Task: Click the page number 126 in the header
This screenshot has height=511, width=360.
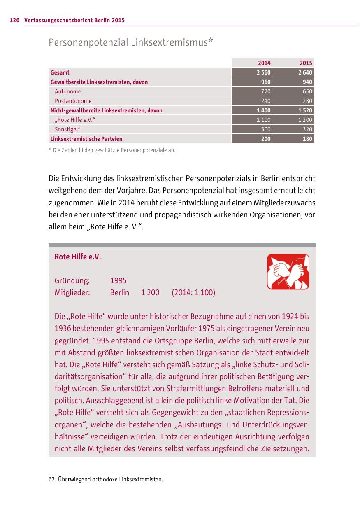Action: pyautogui.click(x=15, y=20)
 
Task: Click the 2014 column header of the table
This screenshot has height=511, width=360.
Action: pyautogui.click(x=264, y=63)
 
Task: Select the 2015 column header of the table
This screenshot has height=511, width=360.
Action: pyautogui.click(x=306, y=63)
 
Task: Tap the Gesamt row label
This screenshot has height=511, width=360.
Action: pyautogui.click(x=60, y=72)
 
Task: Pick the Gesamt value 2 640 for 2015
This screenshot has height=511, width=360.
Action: pyautogui.click(x=305, y=72)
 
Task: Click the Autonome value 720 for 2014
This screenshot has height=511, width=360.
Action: pyautogui.click(x=266, y=91)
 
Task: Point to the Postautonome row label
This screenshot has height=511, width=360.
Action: pyautogui.click(x=73, y=101)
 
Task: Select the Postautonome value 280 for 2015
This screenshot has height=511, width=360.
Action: pyautogui.click(x=307, y=101)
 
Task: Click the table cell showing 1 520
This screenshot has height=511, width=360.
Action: pyautogui.click(x=305, y=110)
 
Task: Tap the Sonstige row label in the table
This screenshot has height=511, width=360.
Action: pyautogui.click(x=66, y=129)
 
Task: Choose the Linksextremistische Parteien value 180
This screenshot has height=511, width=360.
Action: pyautogui.click(x=307, y=139)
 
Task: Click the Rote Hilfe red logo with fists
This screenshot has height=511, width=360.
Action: pyautogui.click(x=288, y=272)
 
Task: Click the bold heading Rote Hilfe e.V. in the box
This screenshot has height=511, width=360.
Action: pyautogui.click(x=78, y=257)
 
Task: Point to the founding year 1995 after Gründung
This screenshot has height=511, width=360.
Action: pyautogui.click(x=118, y=281)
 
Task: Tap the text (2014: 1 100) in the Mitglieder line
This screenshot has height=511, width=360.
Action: pyautogui.click(x=193, y=293)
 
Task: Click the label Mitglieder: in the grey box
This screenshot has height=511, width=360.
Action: pyautogui.click(x=72, y=293)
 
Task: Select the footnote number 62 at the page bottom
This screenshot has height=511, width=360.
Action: pyautogui.click(x=51, y=479)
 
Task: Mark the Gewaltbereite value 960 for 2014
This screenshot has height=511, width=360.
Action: pyautogui.click(x=266, y=82)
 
